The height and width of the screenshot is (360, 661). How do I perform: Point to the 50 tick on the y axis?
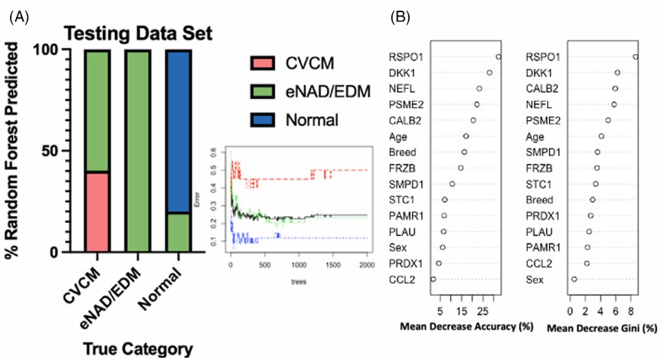point(51,151)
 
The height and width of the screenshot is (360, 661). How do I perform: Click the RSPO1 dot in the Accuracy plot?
point(499,57)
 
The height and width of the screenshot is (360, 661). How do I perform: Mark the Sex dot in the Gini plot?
point(574,280)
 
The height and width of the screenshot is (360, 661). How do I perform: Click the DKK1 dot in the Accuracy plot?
point(489,73)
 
